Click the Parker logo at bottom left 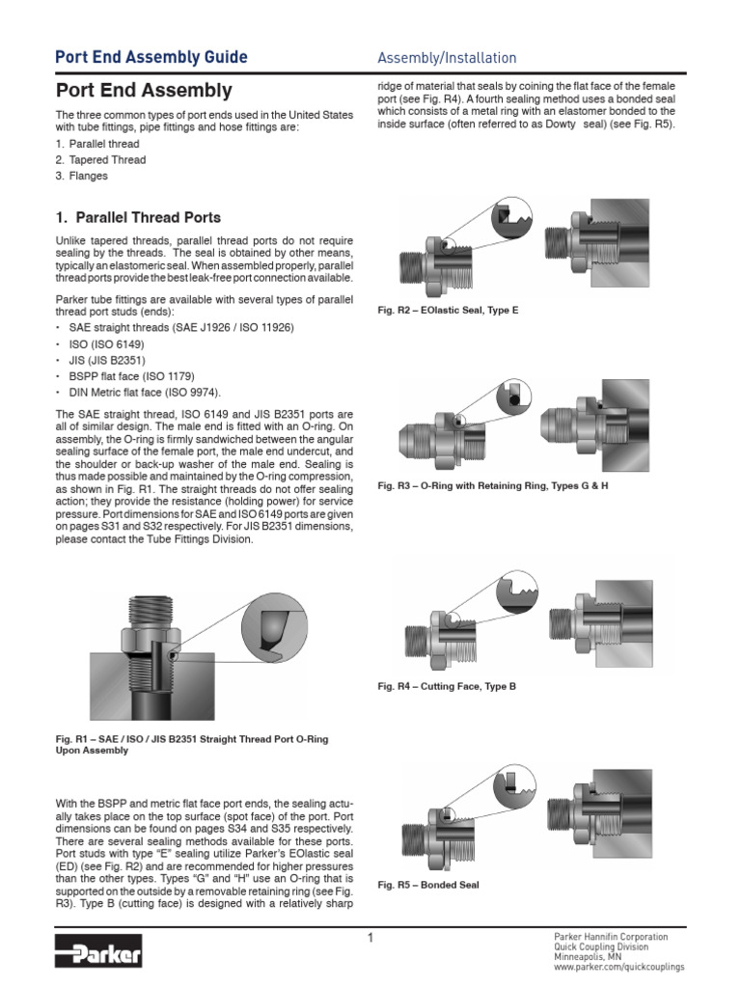tap(99, 955)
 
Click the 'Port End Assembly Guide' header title tap(151, 58)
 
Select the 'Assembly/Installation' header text tap(447, 58)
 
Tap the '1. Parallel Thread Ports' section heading tap(138, 217)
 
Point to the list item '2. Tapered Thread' tap(100, 160)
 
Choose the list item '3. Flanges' tap(81, 177)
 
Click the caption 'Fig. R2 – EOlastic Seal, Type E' tap(448, 312)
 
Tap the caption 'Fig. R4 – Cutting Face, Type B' tap(447, 686)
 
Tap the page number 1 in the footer tap(370, 938)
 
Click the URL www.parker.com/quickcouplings tap(618, 966)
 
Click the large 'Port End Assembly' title tap(144, 92)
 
